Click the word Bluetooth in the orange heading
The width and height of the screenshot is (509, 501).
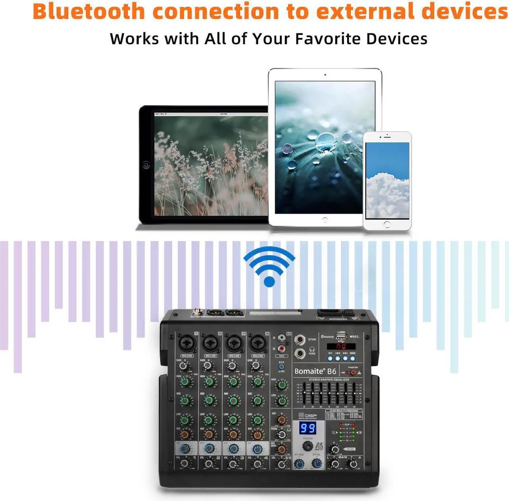coord(89,11)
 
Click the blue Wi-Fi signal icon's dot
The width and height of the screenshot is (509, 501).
coord(269,282)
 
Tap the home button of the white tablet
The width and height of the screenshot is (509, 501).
coord(325,219)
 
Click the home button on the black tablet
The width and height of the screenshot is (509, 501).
coord(146,165)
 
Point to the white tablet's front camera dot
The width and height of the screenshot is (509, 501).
coord(325,75)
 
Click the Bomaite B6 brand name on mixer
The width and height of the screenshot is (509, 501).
coord(315,371)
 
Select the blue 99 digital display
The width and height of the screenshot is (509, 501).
coord(307,428)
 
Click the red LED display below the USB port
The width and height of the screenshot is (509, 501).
coord(341,346)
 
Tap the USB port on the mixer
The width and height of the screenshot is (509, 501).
coord(341,337)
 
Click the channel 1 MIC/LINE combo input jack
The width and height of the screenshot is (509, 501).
coord(186,343)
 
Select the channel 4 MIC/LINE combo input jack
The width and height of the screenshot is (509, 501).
coord(257,343)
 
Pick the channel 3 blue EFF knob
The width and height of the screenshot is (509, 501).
coord(233,449)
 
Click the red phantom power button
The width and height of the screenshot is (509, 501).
coord(353,373)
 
